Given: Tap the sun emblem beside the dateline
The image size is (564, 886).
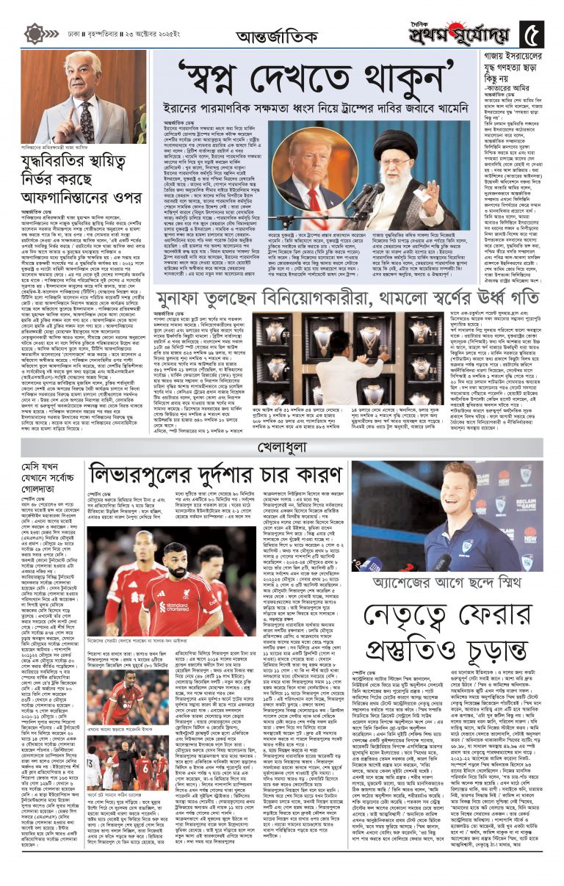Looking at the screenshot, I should coord(35,34).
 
